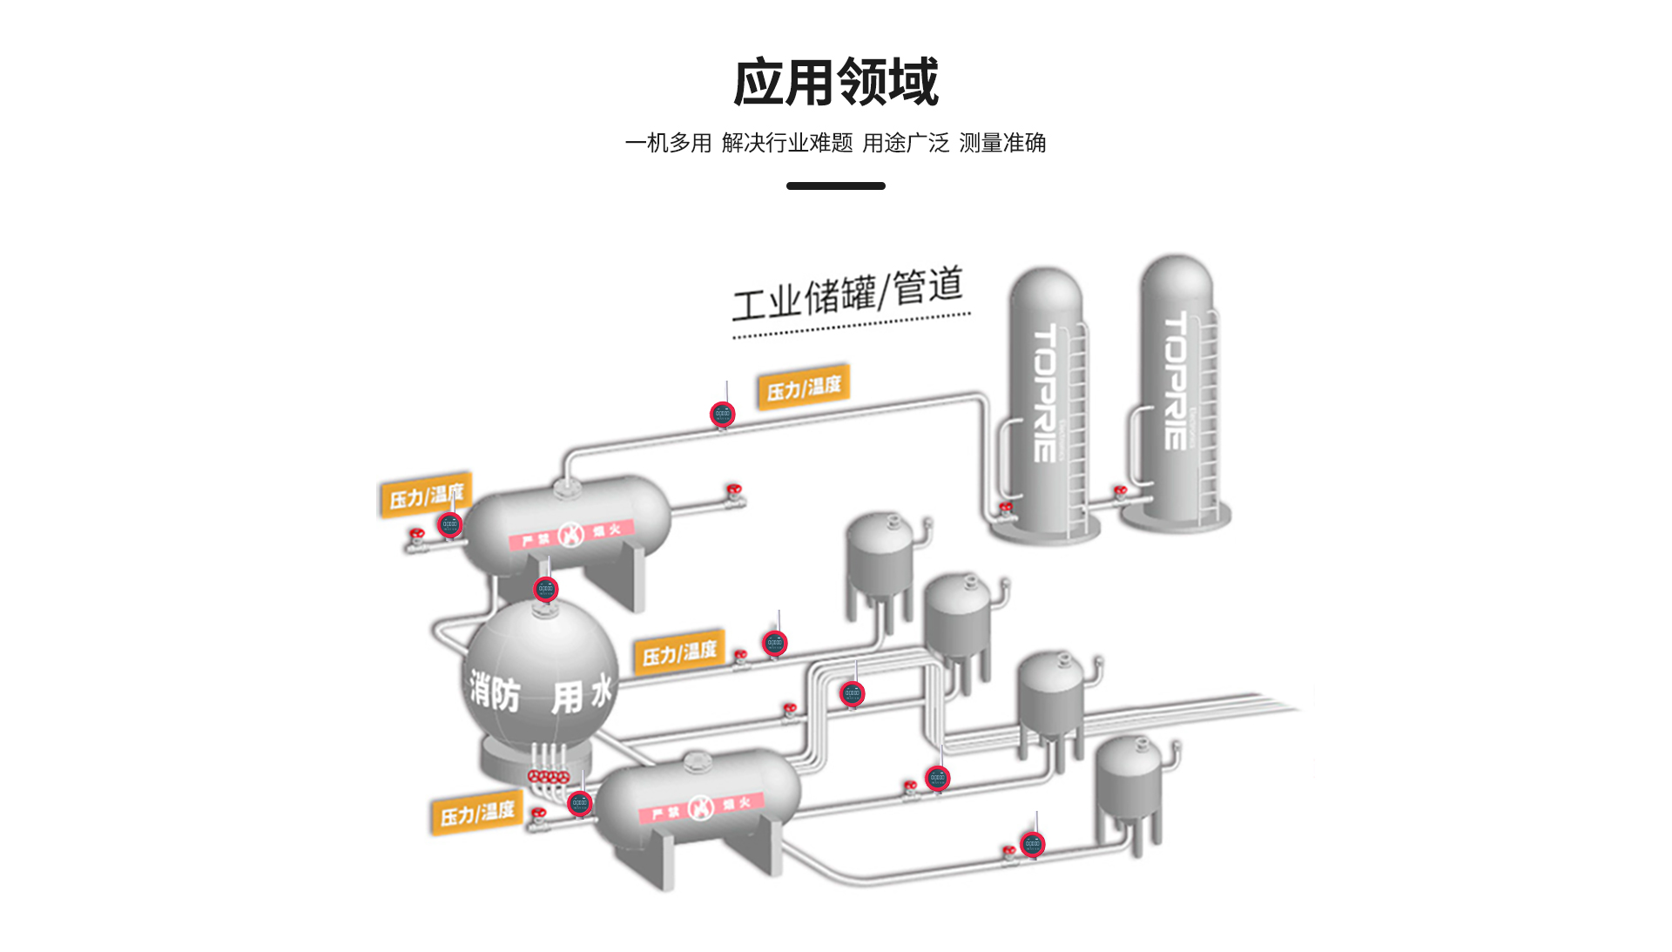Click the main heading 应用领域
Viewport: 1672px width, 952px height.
(x=835, y=82)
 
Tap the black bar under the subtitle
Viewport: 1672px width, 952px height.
(x=835, y=186)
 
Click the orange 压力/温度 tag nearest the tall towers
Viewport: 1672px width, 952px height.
(x=803, y=387)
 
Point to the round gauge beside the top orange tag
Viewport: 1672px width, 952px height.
(x=722, y=415)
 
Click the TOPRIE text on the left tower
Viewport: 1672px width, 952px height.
(x=1045, y=392)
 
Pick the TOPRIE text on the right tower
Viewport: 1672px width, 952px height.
(x=1176, y=381)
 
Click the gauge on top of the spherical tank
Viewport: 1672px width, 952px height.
(x=545, y=590)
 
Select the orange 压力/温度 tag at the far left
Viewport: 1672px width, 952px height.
(x=425, y=496)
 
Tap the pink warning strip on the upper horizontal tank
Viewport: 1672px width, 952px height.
(x=571, y=534)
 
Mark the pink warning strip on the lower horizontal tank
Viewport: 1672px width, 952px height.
(x=701, y=807)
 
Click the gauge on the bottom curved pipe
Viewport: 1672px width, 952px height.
(x=1032, y=843)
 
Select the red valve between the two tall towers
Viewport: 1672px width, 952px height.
(x=1121, y=493)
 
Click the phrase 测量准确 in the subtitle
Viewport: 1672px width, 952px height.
(x=1001, y=143)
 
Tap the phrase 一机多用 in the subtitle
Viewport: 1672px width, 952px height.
(x=668, y=143)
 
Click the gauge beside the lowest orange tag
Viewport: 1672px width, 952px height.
(x=579, y=803)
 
